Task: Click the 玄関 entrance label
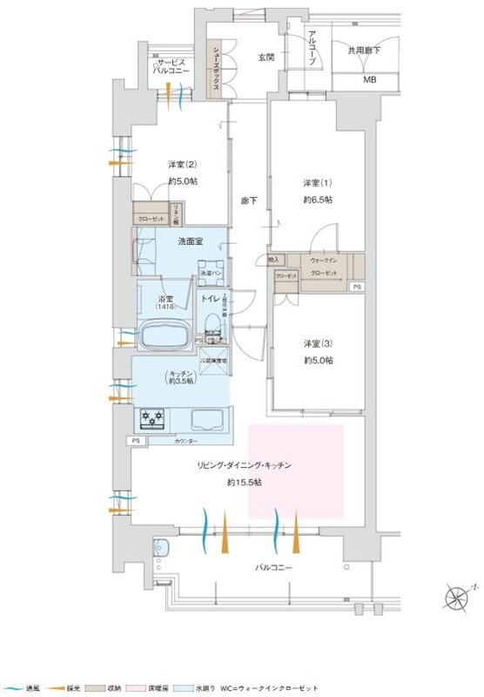[266, 58]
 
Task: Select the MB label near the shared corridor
[371, 81]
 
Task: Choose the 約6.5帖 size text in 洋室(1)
[317, 200]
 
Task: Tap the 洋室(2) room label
[181, 164]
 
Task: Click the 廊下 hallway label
[248, 201]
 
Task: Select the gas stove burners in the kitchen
[152, 421]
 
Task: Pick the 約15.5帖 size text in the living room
[245, 482]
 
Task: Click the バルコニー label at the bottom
[273, 567]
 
